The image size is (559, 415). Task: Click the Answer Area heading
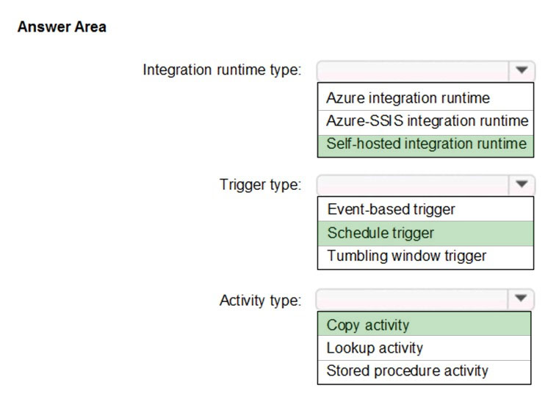pos(62,27)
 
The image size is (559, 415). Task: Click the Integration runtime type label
pos(222,70)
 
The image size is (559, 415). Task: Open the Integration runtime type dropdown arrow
pos(522,70)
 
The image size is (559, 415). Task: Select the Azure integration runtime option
pos(408,98)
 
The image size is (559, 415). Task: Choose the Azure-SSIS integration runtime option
pos(427,121)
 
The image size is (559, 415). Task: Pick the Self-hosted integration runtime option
pos(426,144)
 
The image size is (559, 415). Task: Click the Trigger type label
pos(261,185)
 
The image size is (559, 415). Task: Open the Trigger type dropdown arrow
pos(522,184)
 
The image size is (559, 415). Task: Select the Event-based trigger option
pos(391,209)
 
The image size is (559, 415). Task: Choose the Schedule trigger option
pos(381,233)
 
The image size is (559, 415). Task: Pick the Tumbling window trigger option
pos(407,256)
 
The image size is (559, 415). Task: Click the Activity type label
pos(261,301)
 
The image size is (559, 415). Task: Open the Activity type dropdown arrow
pos(521,298)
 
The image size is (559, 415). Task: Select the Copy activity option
pos(368,326)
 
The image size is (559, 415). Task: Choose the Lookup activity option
pos(375,348)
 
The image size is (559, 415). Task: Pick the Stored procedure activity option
pos(407,371)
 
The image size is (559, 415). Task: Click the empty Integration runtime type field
pos(413,70)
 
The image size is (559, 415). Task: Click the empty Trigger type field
pos(413,185)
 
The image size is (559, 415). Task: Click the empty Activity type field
pos(412,298)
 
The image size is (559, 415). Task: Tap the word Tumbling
pos(358,256)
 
